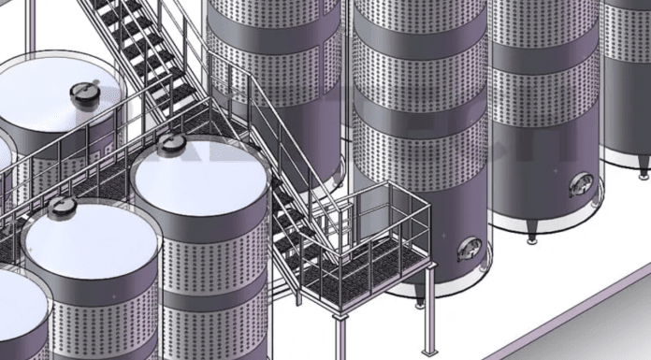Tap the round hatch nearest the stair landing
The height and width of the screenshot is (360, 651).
pos(172,143)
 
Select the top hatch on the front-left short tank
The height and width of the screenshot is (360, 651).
pos(62,205)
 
